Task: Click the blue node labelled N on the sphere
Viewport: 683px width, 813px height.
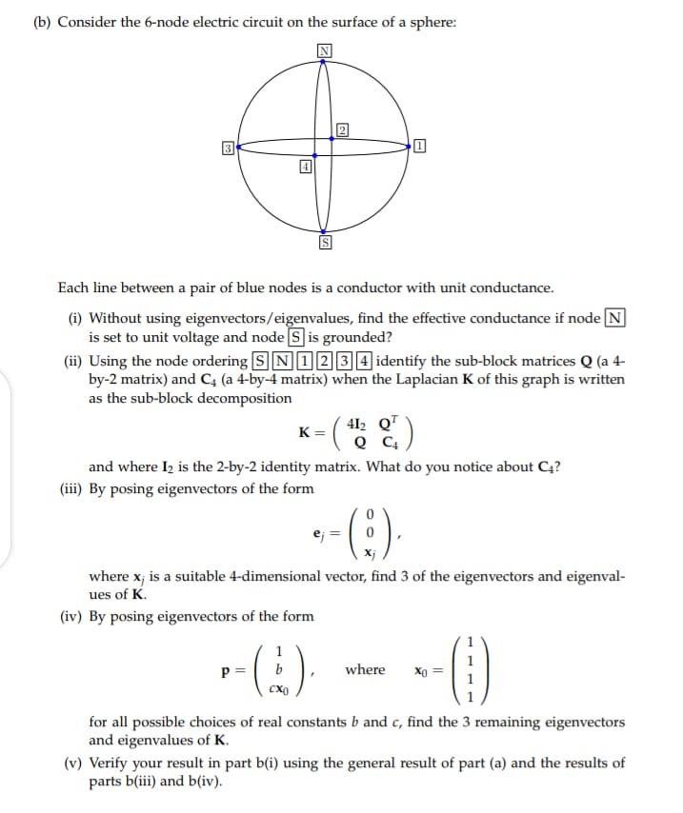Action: (x=325, y=61)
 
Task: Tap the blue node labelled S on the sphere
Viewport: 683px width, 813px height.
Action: (x=325, y=231)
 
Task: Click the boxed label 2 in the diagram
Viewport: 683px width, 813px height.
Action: (x=342, y=129)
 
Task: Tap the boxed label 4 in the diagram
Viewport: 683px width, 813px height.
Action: (x=306, y=166)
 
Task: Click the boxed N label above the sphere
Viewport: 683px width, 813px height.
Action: (x=325, y=50)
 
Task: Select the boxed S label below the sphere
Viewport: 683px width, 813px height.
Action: (x=325, y=245)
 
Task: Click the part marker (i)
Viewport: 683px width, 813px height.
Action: (x=74, y=319)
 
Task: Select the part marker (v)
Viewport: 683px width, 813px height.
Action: (x=73, y=763)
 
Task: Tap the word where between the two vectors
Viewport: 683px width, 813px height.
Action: (x=365, y=669)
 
